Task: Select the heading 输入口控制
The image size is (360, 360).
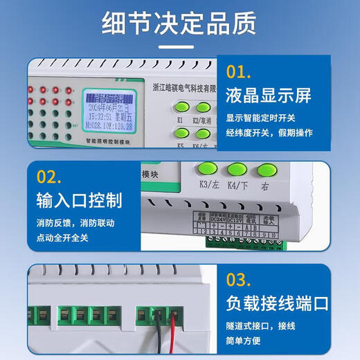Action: (79, 201)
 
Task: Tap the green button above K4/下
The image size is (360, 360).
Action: (237, 170)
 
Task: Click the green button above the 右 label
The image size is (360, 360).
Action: (266, 170)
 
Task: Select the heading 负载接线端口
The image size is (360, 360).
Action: (277, 303)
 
